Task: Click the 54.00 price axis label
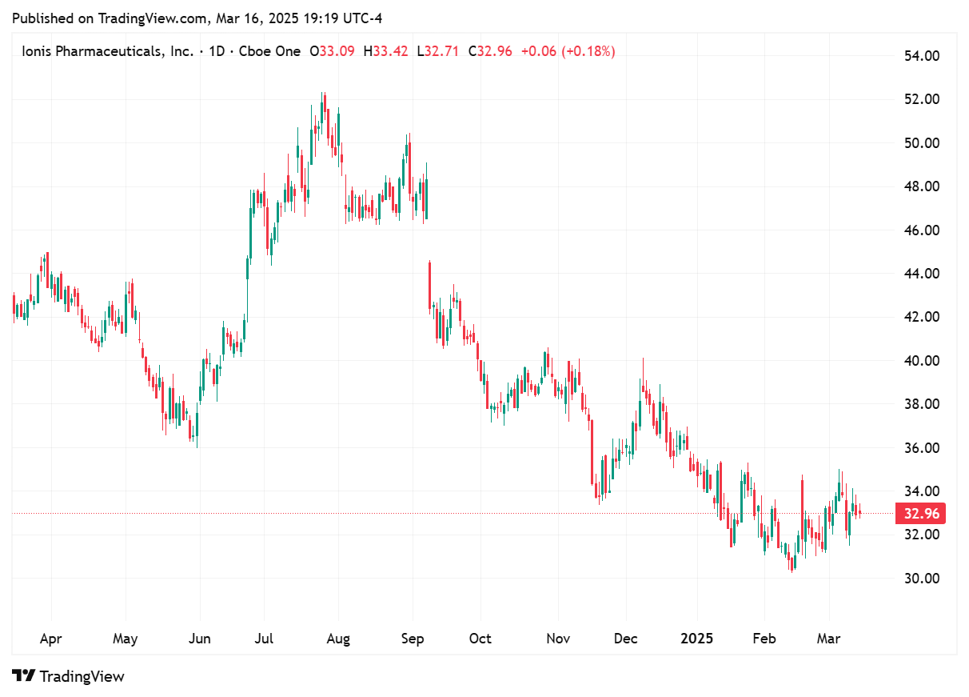[921, 56]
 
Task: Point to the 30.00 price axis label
[921, 578]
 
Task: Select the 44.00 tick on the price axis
[921, 274]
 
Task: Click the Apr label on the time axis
[50, 639]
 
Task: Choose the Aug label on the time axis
[338, 639]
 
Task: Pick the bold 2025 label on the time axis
[696, 639]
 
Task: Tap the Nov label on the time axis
[558, 639]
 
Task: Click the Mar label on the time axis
[828, 639]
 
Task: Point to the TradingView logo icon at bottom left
[24, 676]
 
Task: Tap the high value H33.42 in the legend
[385, 51]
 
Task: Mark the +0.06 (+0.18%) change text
[568, 51]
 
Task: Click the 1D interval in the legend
[216, 51]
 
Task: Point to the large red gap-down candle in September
[430, 284]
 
